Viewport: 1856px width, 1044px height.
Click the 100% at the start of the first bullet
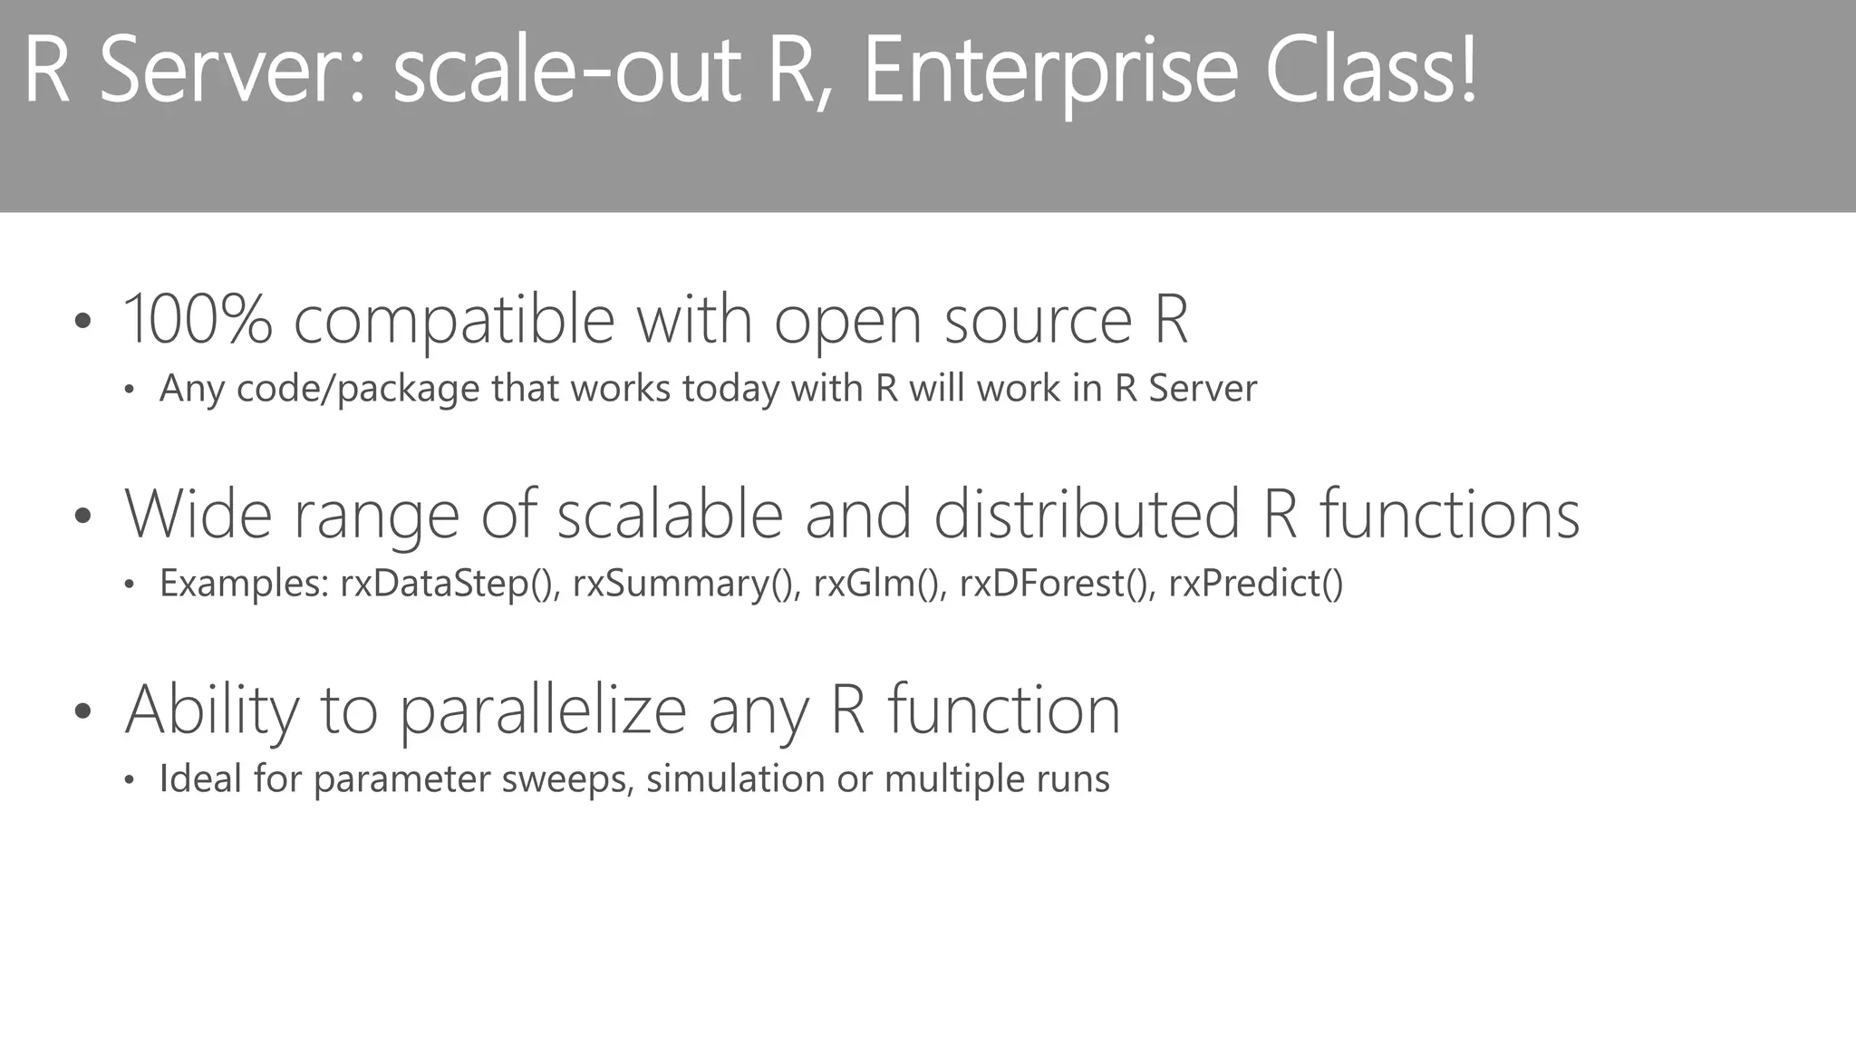click(x=198, y=319)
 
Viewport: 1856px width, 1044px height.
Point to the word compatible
click(x=454, y=321)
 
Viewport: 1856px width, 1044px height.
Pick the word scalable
click(x=670, y=514)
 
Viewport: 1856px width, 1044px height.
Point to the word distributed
click(x=1086, y=514)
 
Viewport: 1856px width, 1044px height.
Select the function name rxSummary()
click(x=686, y=584)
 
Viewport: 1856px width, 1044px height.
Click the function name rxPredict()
click(x=1255, y=584)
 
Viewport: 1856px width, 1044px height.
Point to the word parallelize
click(x=542, y=710)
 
